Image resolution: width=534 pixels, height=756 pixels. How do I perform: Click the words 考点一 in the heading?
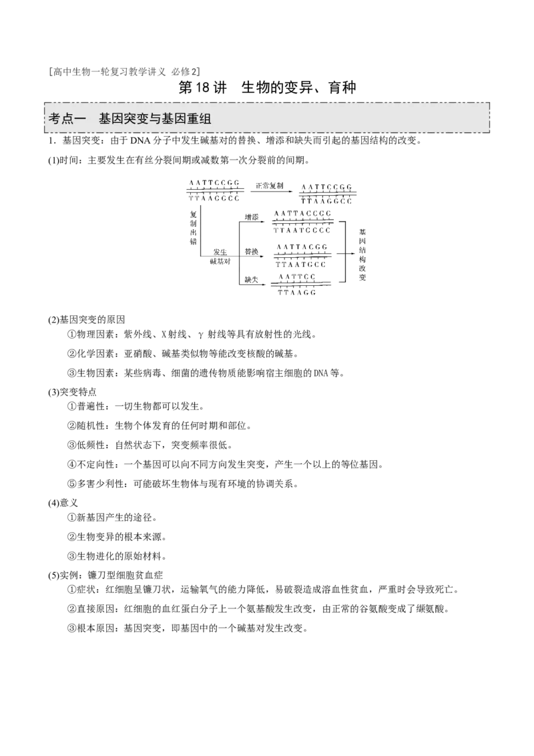pyautogui.click(x=64, y=118)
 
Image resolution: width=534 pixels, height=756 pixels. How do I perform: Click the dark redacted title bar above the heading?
pyautogui.click(x=125, y=72)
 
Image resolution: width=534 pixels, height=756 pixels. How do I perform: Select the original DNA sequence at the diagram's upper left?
pyautogui.click(x=213, y=190)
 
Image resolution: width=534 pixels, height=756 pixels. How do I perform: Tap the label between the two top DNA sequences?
pyautogui.click(x=270, y=186)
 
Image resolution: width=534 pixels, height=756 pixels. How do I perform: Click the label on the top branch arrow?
pyautogui.click(x=252, y=217)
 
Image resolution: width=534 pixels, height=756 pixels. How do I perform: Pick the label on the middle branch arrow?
pyautogui.click(x=252, y=252)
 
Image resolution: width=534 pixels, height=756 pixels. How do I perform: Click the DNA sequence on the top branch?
pyautogui.click(x=302, y=221)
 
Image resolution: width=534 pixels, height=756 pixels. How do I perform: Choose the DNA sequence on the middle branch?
pyautogui.click(x=302, y=255)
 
